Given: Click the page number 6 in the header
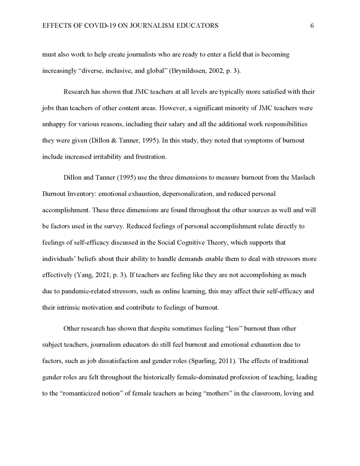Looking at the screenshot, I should point(312,26).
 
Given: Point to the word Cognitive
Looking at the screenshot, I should point(194,243).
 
